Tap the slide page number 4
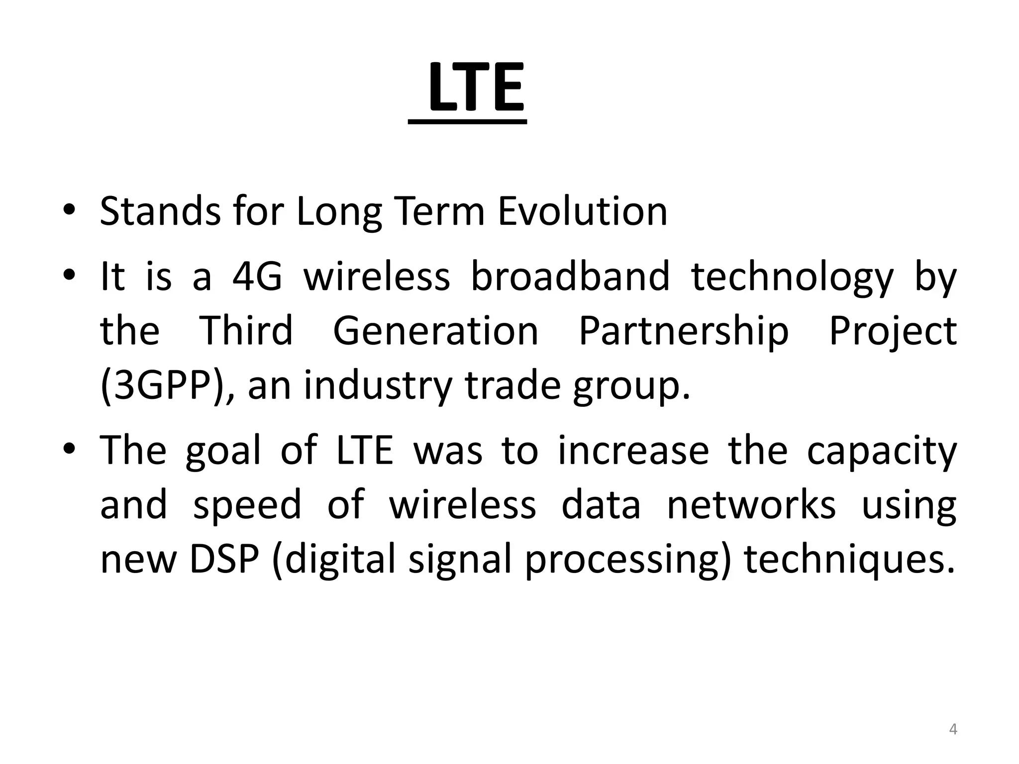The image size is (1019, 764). tap(953, 730)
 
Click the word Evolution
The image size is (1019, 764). tap(582, 211)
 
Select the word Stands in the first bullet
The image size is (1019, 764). tap(160, 211)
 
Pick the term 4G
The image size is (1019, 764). tap(257, 277)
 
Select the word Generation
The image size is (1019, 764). tap(435, 331)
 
